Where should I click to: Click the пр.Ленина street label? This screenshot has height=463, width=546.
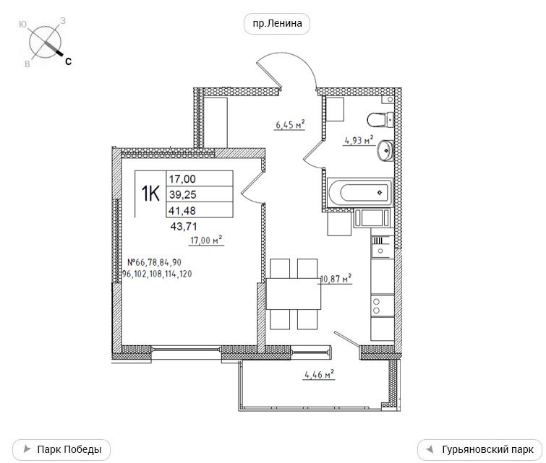point(277,24)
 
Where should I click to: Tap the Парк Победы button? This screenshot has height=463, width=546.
point(61,449)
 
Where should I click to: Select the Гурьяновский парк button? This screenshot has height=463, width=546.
point(479,449)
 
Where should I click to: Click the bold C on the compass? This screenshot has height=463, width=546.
point(68,61)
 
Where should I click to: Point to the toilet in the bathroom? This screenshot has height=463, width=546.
point(380,120)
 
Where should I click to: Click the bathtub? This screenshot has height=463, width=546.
point(360,192)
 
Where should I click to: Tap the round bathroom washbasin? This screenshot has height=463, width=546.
point(385,151)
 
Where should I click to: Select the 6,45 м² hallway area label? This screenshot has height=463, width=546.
point(290,124)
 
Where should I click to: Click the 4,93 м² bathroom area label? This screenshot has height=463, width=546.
point(359,140)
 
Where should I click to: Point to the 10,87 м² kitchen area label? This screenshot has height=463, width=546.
point(336,279)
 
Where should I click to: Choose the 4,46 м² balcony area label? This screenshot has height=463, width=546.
point(319,375)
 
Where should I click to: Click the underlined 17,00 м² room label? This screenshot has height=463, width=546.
point(206,240)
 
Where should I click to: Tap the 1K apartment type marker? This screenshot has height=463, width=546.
point(150,194)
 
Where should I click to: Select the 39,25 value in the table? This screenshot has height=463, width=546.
point(183,194)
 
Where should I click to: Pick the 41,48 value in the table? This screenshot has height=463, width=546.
point(182,210)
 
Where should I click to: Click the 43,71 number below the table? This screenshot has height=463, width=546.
point(184,227)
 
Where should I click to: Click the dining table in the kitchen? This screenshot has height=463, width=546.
point(294,293)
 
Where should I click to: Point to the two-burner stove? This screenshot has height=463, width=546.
point(383,306)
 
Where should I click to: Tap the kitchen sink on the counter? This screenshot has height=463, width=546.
point(383,246)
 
